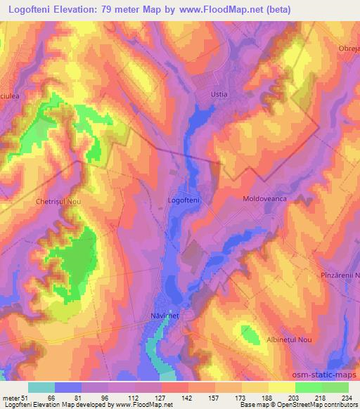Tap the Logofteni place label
coord(184,200)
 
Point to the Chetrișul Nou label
coord(58,201)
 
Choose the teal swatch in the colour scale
coord(41,387)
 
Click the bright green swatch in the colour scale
coord(308,387)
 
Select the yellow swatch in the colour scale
coord(281,387)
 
